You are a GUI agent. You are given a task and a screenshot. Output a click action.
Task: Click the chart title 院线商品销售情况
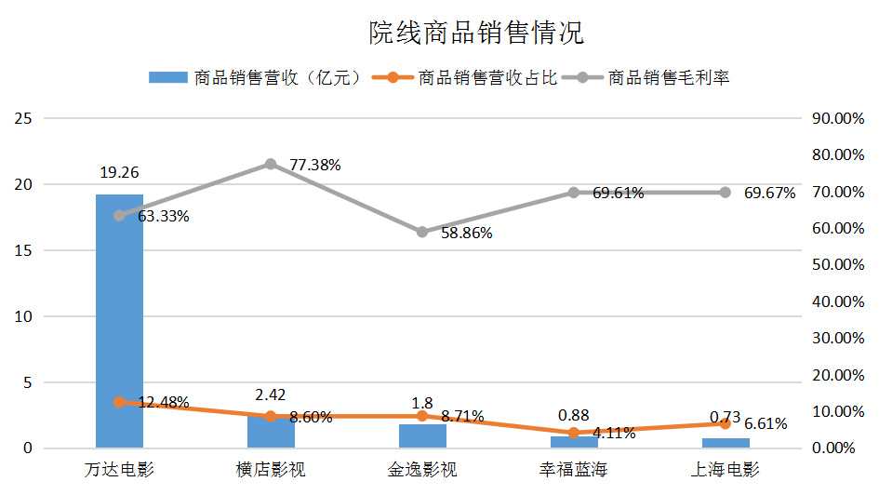[475, 33]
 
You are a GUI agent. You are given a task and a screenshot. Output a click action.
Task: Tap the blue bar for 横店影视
[271, 434]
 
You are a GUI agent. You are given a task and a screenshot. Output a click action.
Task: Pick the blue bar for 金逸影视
[421, 436]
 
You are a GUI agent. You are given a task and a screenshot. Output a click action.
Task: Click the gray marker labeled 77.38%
[271, 164]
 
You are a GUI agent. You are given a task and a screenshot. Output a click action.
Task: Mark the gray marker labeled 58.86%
[421, 232]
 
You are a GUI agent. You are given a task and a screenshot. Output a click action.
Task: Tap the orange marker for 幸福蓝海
[573, 433]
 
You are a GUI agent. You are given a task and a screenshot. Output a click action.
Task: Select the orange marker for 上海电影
[725, 423]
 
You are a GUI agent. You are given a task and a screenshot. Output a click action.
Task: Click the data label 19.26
[119, 172]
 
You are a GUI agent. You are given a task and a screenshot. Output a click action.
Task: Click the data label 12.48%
[164, 403]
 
